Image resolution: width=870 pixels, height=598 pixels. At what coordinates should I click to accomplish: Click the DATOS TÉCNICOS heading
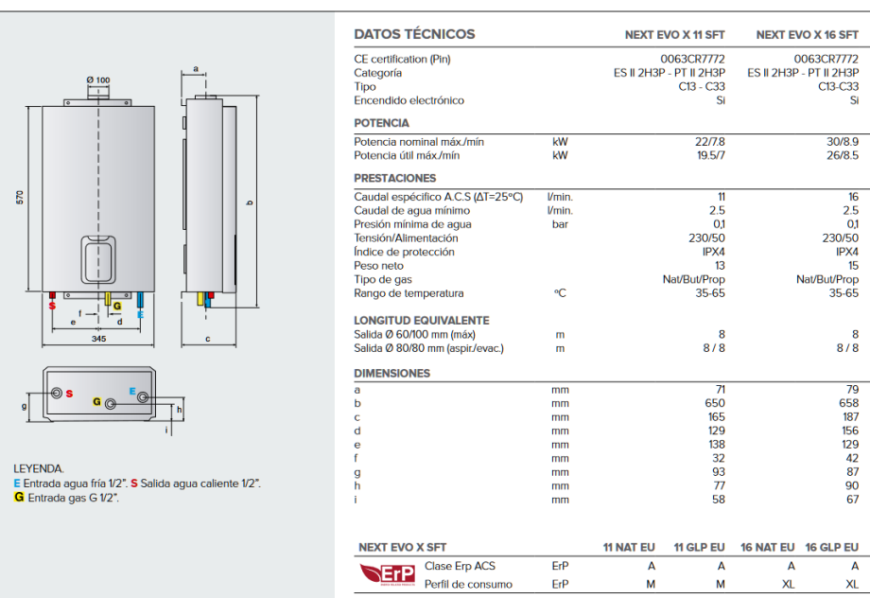414,34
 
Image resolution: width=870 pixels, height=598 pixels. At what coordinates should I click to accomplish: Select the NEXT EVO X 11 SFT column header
675,35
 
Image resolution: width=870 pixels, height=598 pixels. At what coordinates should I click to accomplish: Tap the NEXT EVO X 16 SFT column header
807,35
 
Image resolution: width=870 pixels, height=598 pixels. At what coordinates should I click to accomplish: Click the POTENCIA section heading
381,123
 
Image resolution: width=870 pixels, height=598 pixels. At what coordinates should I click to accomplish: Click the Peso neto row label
379,266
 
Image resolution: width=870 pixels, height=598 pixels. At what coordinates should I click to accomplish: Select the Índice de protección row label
404,252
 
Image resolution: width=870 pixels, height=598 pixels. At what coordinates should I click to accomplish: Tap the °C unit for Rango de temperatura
560,293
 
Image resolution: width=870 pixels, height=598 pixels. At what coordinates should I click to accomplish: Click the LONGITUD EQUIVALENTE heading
421,321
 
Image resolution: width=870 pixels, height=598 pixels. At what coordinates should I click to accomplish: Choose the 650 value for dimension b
716,403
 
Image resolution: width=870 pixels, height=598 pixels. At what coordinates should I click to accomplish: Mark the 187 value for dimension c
850,416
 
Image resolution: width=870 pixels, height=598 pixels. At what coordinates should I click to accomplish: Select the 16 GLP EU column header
831,548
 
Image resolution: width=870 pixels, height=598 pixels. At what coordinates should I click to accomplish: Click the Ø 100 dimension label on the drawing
97,79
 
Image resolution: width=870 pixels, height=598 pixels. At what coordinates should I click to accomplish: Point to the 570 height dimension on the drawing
20,197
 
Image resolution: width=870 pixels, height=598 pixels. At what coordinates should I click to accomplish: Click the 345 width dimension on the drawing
98,338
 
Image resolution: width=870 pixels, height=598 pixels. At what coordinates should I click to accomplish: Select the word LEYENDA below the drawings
39,468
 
